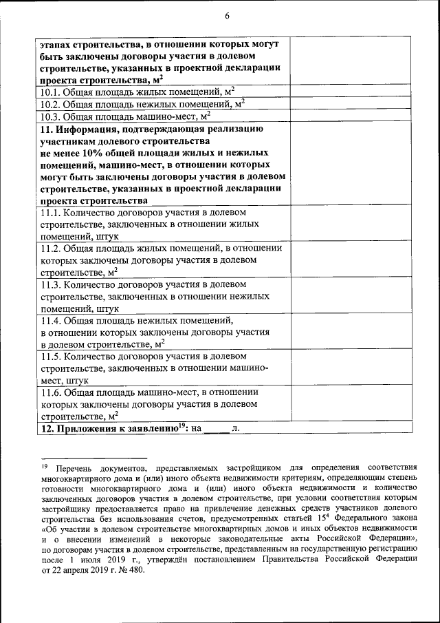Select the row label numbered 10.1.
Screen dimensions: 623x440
[x=137, y=92]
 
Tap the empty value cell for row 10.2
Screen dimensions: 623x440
[x=351, y=104]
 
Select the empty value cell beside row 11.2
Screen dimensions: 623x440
[x=351, y=260]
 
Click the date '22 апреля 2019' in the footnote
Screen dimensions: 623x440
[x=85, y=571]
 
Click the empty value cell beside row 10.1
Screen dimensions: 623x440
[x=351, y=92]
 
